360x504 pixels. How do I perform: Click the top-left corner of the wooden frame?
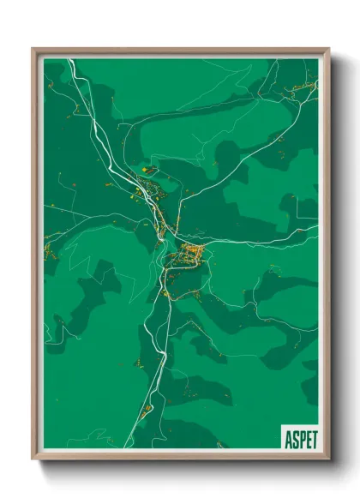(x=33, y=49)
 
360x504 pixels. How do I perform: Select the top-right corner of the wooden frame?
(x=328, y=49)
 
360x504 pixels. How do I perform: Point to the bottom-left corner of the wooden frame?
(x=33, y=459)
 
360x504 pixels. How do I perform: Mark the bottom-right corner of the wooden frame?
(x=328, y=459)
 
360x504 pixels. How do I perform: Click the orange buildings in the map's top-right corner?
(x=304, y=87)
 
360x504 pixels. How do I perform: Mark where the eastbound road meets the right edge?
(x=317, y=226)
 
